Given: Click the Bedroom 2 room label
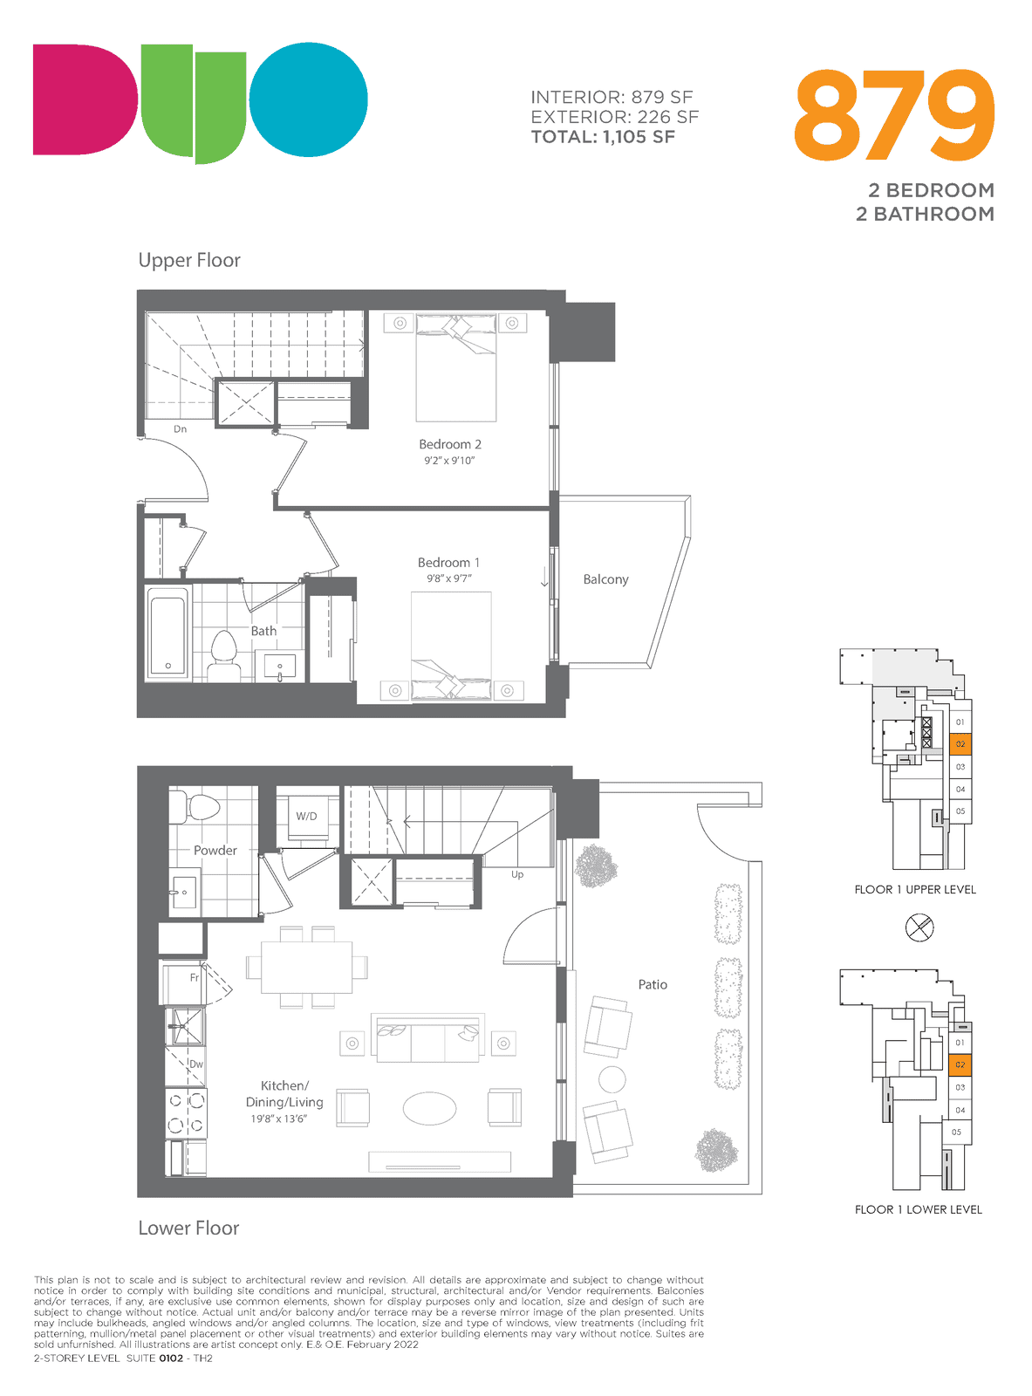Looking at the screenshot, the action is point(449,444).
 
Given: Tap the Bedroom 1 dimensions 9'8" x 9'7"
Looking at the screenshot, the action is point(448,578).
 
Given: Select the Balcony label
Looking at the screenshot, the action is point(605,579).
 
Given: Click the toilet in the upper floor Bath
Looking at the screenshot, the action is point(223,655).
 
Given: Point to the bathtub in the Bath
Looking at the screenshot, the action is point(168,633).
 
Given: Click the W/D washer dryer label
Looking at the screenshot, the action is point(306,816).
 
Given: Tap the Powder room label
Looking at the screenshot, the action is point(215,850).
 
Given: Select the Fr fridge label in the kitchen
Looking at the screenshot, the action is point(195,977).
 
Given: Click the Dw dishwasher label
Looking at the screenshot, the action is point(196,1064).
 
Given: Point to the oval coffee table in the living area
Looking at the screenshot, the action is point(429,1108).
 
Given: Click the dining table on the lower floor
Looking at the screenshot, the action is point(306,967).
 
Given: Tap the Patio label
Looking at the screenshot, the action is point(653,984).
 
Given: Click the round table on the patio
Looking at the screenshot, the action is point(612,1079).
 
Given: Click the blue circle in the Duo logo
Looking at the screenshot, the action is point(308,99).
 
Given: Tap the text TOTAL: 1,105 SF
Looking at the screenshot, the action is point(603,137).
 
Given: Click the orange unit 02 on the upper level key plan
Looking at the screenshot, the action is point(960,744).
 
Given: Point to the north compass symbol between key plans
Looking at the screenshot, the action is point(919,927).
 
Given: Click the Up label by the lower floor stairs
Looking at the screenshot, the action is point(517,874).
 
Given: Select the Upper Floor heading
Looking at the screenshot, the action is point(189,261).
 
